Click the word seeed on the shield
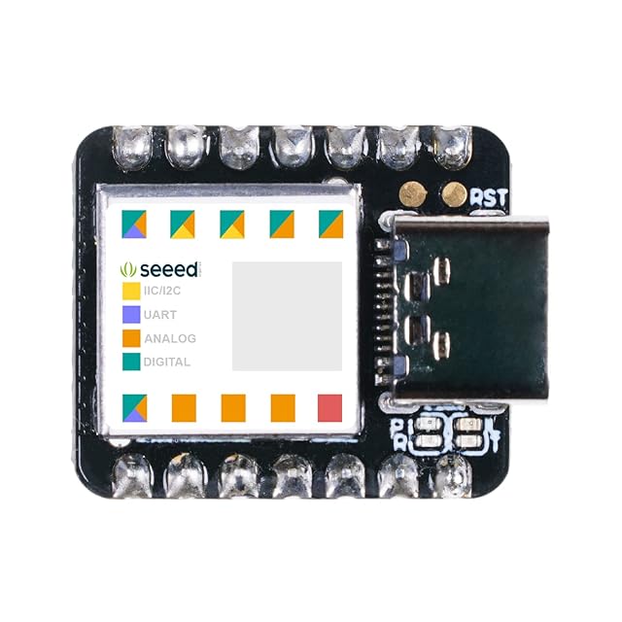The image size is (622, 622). [x=171, y=268]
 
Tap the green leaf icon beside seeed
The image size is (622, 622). [x=127, y=268]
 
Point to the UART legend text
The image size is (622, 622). [x=159, y=315]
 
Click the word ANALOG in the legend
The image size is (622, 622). [x=169, y=338]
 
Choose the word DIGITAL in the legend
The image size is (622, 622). [x=166, y=362]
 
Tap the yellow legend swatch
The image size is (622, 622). [x=130, y=291]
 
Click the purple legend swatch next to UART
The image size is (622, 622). [x=130, y=315]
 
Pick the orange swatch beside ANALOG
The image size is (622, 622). [x=130, y=338]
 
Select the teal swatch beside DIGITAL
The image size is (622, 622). [x=130, y=362]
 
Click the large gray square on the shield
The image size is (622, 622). [x=287, y=316]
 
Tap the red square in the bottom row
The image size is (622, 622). [x=330, y=407]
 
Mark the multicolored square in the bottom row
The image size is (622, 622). [x=134, y=407]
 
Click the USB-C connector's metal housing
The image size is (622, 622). [x=466, y=311]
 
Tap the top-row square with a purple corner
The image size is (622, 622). [x=134, y=225]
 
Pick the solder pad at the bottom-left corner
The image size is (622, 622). [x=130, y=476]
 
